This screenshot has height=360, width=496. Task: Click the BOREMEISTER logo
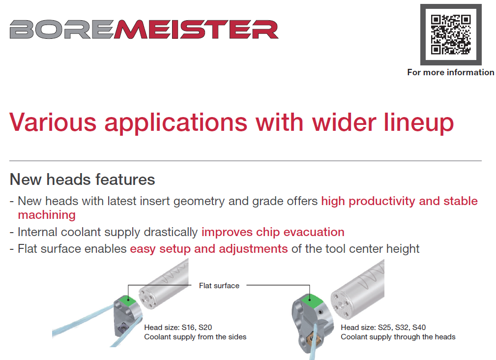pos(144,30)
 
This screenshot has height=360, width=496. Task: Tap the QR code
pos(451,34)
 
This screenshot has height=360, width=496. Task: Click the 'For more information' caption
pos(450,72)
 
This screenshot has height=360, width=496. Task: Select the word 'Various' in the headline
pos(53,122)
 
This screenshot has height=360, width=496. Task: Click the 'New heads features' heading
pos(82,180)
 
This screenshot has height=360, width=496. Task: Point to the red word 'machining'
pos(47,215)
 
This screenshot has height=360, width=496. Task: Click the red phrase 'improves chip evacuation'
pos(273,232)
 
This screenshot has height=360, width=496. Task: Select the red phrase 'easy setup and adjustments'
pos(209,249)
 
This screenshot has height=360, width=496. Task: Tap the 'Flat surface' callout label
pos(219,286)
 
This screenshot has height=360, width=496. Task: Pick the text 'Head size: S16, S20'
pos(178,328)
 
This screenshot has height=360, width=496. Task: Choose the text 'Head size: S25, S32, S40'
pos(383,328)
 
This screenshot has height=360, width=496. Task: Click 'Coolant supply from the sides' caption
pos(195,337)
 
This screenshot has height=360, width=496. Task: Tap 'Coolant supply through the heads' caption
pos(398,337)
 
